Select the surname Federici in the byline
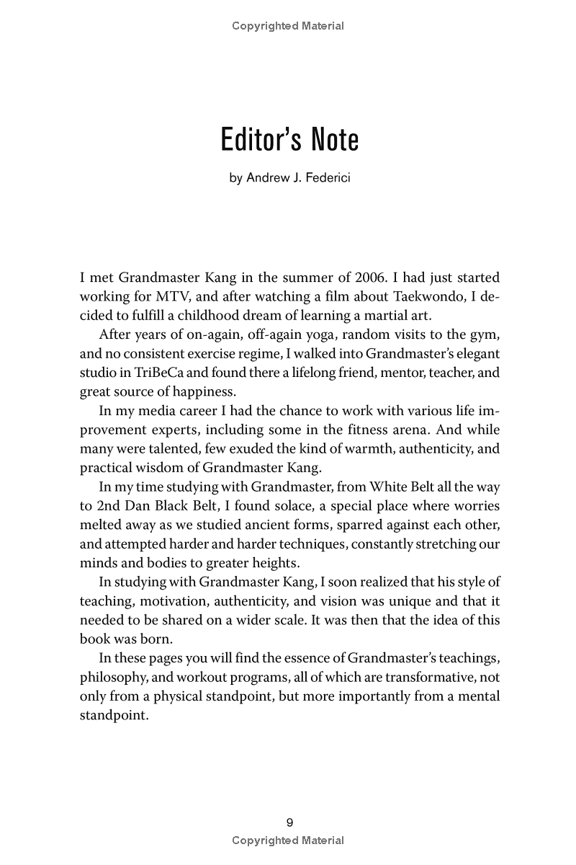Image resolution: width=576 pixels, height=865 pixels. pyautogui.click(x=325, y=177)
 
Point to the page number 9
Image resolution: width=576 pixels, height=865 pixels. pyautogui.click(x=289, y=822)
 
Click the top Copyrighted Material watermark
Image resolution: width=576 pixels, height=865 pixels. pyautogui.click(x=288, y=26)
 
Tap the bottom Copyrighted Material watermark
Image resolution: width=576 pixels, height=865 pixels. pyautogui.click(x=288, y=840)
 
